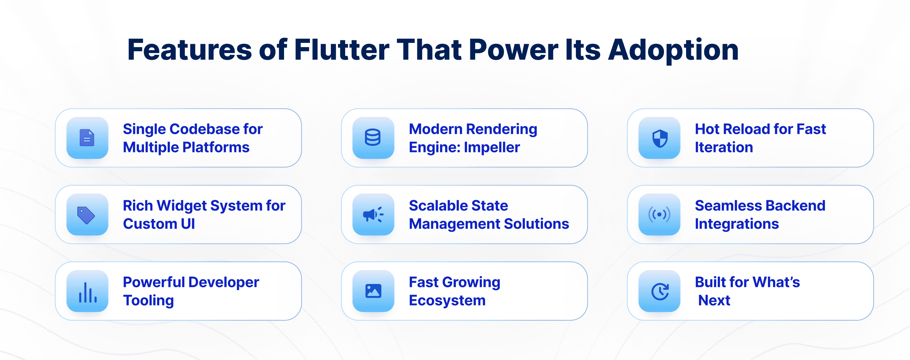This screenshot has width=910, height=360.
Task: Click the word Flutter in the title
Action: [342, 50]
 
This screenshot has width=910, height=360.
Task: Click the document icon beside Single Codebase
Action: [87, 138]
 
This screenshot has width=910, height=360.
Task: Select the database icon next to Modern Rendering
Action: [373, 138]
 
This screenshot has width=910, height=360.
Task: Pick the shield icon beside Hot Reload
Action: [659, 138]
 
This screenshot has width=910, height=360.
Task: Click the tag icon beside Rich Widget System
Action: [86, 215]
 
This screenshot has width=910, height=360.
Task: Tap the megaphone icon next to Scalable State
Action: [373, 214]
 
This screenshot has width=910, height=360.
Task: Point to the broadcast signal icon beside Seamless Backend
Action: [659, 214]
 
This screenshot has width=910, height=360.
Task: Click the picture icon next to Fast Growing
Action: [373, 291]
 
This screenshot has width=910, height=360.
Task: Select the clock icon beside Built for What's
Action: [659, 292]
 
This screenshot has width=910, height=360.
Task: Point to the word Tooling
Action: [149, 301]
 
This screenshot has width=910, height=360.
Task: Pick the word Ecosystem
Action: [447, 301]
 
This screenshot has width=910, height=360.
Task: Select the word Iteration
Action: [724, 147]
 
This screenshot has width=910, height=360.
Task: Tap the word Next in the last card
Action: [714, 300]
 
